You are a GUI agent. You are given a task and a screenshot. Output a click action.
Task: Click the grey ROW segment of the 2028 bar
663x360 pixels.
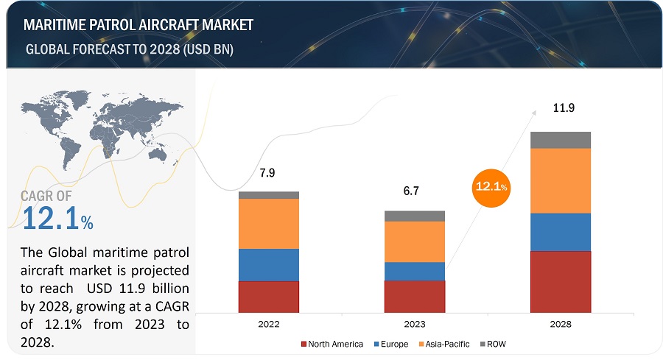[561, 140]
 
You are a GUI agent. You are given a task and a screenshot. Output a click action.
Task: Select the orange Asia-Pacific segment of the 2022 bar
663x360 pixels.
[268, 224]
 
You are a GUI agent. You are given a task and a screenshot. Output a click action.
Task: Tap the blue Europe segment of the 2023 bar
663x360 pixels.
[414, 271]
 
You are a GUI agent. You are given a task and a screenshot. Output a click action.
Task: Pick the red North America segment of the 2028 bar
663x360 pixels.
[561, 281]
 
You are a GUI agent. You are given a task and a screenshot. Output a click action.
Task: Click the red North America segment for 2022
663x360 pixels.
[268, 296]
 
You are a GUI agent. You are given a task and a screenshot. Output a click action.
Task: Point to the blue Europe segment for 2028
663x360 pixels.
[561, 232]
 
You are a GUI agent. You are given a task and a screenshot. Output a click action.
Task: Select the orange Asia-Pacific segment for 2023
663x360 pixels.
[414, 241]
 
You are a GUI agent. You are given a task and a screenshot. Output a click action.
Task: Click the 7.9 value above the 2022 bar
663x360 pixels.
[268, 173]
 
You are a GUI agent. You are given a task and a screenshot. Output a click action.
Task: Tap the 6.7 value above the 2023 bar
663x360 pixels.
[414, 191]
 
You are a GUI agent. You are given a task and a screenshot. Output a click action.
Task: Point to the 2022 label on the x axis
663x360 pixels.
[268, 324]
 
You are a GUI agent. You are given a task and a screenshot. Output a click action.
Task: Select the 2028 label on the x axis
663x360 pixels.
[561, 324]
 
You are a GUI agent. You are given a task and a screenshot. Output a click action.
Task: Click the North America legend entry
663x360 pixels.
[332, 344]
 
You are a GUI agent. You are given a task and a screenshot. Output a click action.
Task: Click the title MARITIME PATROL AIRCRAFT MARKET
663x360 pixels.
[138, 25]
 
